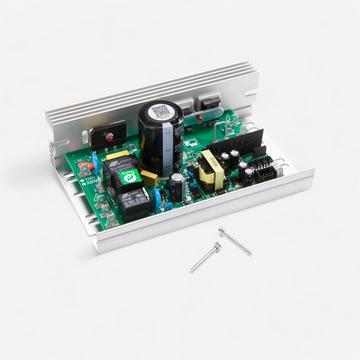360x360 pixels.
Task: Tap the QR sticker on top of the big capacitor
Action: (159, 113)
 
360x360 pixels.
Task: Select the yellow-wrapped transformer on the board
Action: (213, 169)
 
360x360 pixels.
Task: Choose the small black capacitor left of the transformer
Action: (177, 184)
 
